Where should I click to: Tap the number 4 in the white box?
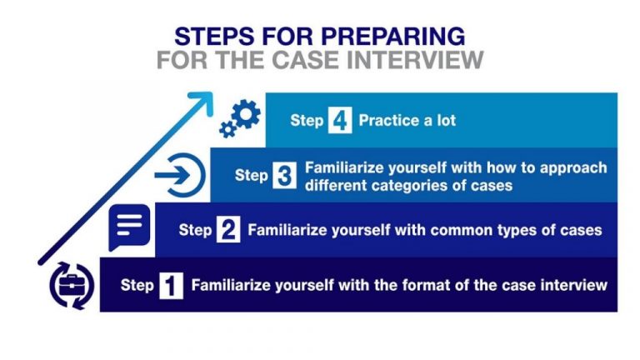click(340, 121)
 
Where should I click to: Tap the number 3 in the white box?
click(285, 176)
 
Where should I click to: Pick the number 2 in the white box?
click(228, 230)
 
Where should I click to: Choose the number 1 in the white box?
click(172, 286)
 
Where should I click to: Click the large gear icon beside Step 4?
click(247, 113)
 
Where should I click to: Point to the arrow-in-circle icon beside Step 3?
click(181, 176)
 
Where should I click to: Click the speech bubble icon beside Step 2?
click(129, 226)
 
